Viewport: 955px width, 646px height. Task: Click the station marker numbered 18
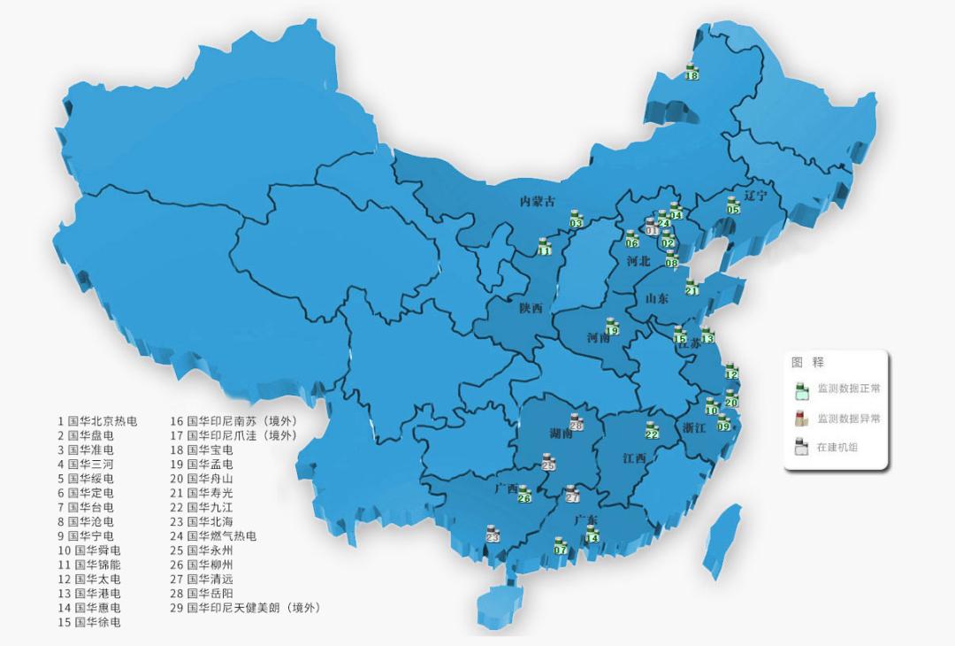691,73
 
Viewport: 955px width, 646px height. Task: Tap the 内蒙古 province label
538,202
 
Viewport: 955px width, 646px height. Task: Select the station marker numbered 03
576,219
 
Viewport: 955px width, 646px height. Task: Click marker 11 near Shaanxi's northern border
545,247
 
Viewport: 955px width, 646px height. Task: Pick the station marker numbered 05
733,205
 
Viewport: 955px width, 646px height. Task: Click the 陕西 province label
531,308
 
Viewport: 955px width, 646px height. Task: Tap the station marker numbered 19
611,327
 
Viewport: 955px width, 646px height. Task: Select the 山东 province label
657,298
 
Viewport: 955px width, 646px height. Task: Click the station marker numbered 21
691,286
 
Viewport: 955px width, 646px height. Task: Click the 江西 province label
634,458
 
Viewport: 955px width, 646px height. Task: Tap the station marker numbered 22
652,430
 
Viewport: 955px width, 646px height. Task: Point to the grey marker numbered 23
493,533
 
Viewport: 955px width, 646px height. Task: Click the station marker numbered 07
560,545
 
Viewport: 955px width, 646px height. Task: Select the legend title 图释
806,362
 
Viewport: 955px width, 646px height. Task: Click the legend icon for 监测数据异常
801,418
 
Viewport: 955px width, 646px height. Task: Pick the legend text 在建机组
837,447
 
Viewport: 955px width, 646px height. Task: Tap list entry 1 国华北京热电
97,421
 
